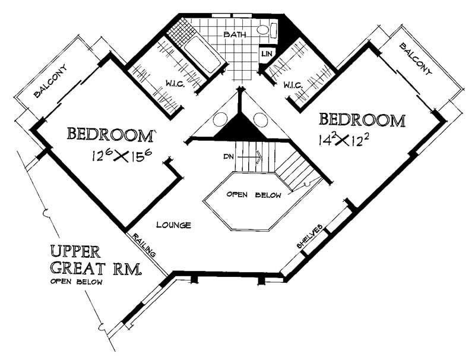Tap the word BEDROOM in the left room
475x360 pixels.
point(110,134)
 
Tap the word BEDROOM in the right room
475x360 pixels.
point(362,120)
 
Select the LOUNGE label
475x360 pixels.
point(173,225)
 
